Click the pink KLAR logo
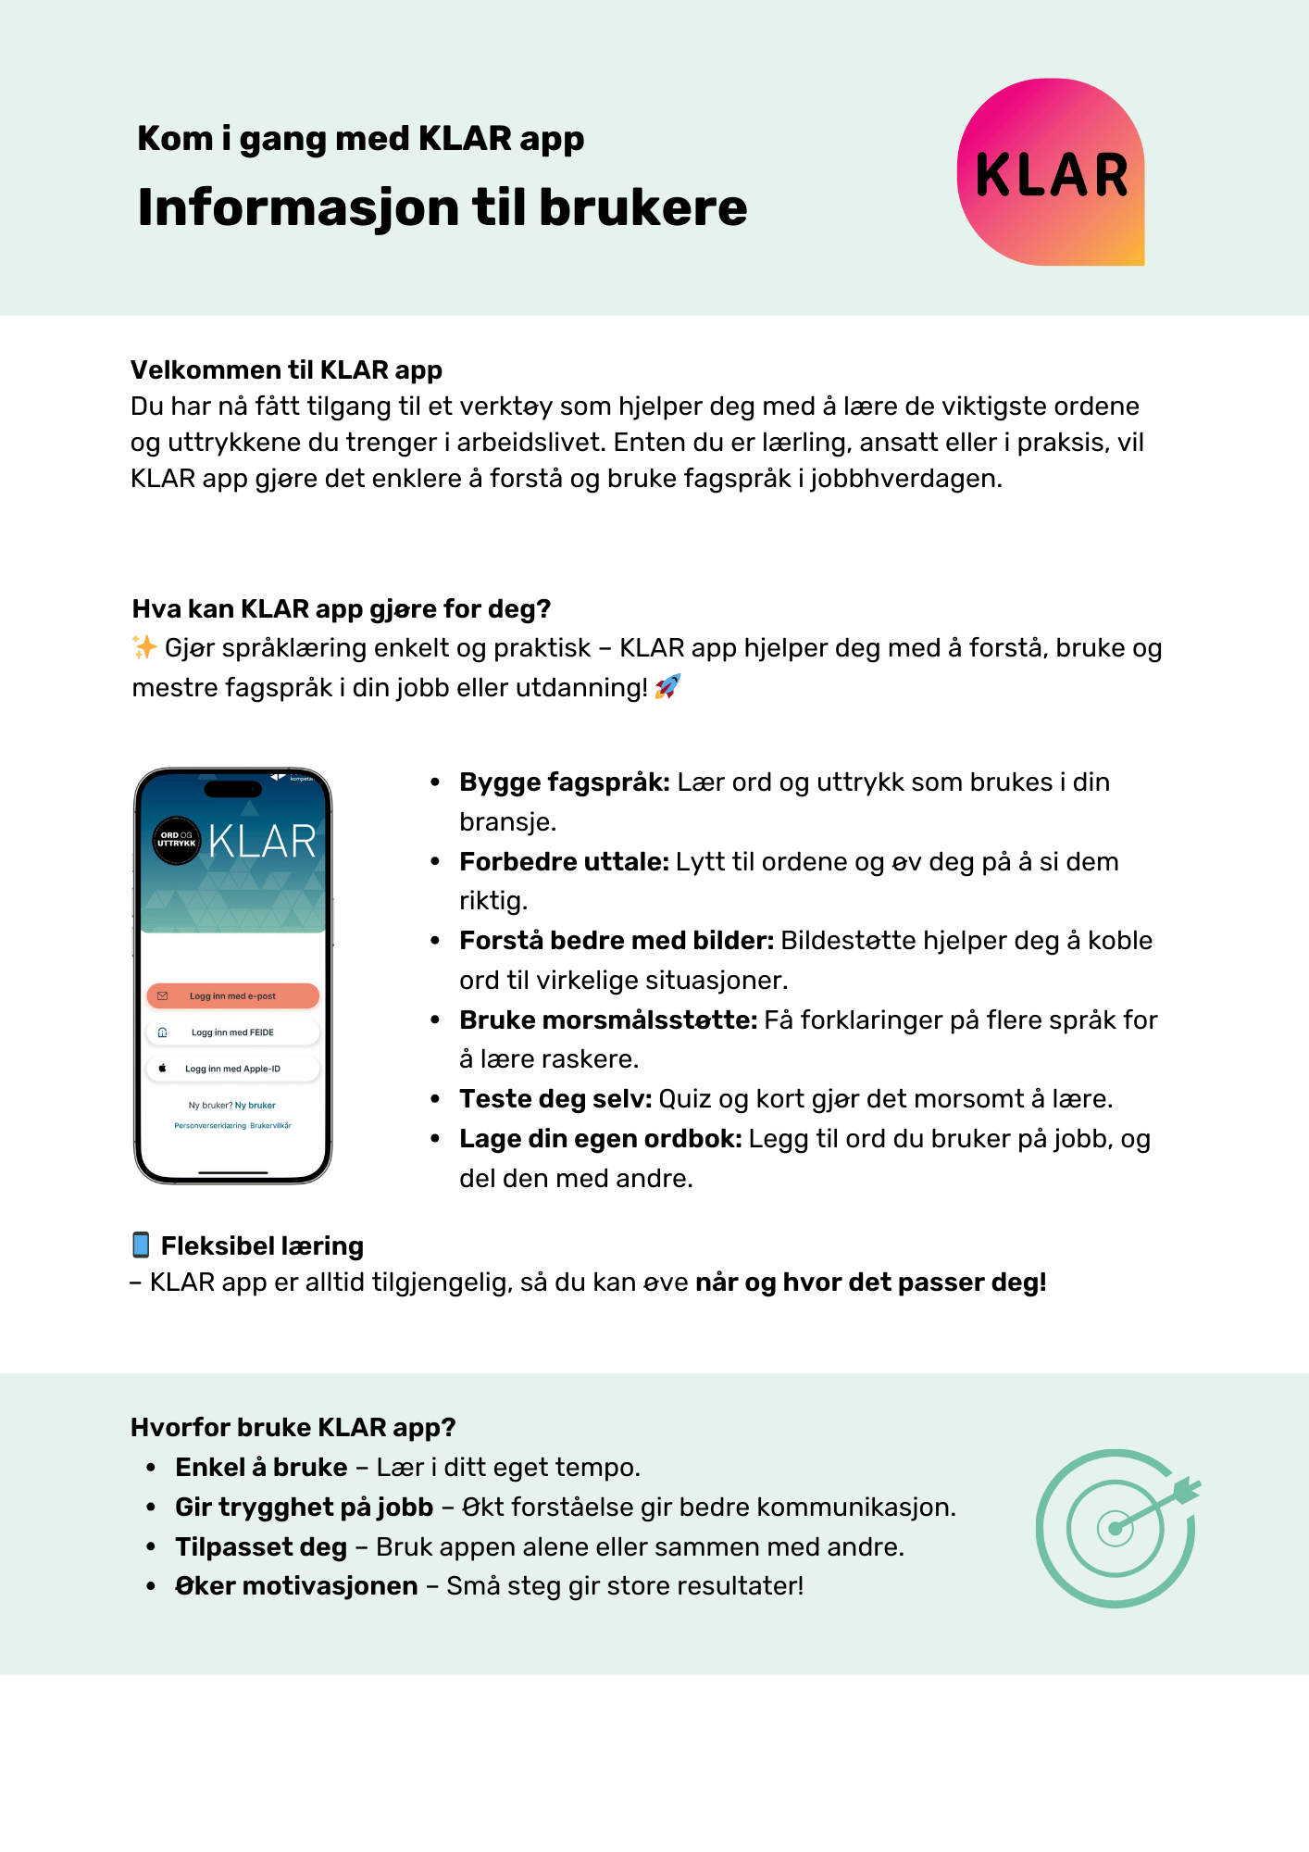pyautogui.click(x=1051, y=172)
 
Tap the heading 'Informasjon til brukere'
pyautogui.click(x=442, y=207)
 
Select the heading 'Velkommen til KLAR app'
pyautogui.click(x=286, y=370)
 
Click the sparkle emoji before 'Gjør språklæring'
pyautogui.click(x=144, y=647)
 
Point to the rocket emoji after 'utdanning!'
pyautogui.click(x=667, y=687)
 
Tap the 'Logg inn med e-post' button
pyautogui.click(x=232, y=996)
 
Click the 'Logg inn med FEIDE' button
pyautogui.click(x=232, y=1032)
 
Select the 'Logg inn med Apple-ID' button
pyautogui.click(x=232, y=1069)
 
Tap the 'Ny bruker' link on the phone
pyautogui.click(x=256, y=1106)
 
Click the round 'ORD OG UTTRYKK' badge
pyautogui.click(x=176, y=840)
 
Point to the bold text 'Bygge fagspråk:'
pyautogui.click(x=564, y=782)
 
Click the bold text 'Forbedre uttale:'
pyautogui.click(x=564, y=862)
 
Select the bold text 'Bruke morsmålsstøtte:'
pyautogui.click(x=608, y=1020)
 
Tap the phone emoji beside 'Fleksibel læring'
pyautogui.click(x=141, y=1245)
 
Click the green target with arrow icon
pyautogui.click(x=1116, y=1528)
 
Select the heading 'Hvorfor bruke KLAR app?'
pyautogui.click(x=293, y=1428)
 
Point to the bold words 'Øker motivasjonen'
pyautogui.click(x=296, y=1586)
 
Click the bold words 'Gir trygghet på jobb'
pyautogui.click(x=304, y=1508)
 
